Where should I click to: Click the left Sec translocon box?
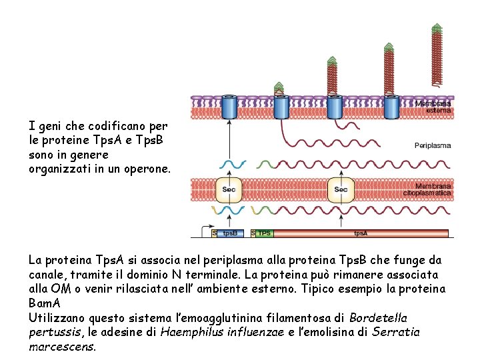pos(229,190)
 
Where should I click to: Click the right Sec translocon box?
pos(341,190)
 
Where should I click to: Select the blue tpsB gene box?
pos(230,233)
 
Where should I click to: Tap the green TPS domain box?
pos(265,233)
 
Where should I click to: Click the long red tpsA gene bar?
pos(360,233)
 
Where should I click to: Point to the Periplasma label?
pos(433,145)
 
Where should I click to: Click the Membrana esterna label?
pos(433,107)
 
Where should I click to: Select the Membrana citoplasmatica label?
pos(427,189)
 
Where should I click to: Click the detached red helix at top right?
pos(437,57)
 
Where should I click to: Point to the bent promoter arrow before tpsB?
pos(205,230)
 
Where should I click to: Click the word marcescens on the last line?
pos(62,347)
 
